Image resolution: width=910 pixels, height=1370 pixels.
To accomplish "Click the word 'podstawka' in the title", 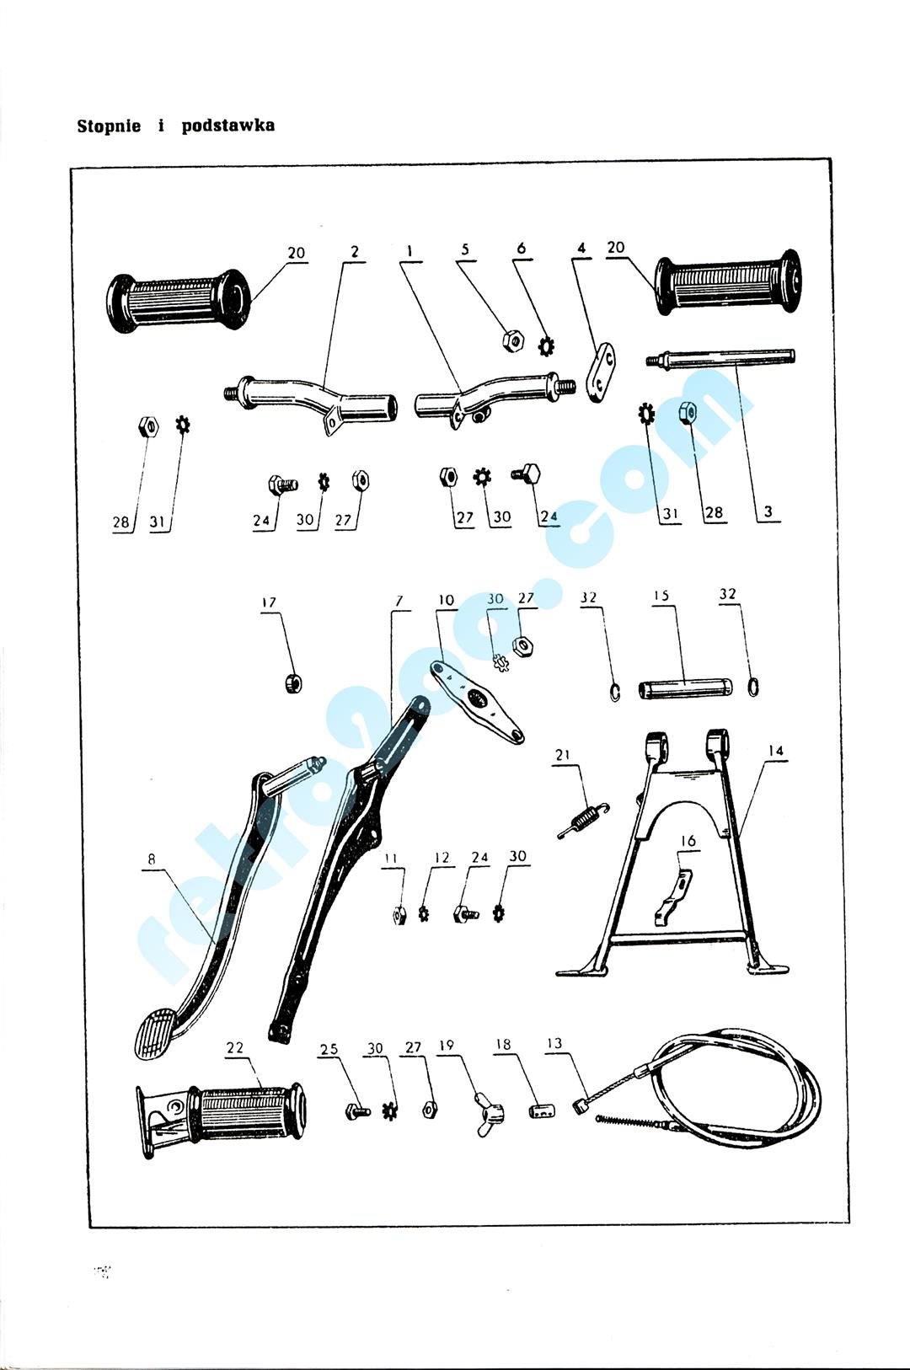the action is coord(228,126).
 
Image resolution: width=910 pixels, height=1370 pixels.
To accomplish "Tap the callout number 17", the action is coord(269,603).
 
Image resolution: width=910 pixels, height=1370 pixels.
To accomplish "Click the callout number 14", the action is coord(775,751).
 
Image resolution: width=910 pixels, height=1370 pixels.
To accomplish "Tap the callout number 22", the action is coord(235,1048).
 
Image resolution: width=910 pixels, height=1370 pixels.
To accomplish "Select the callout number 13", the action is coord(554,1044).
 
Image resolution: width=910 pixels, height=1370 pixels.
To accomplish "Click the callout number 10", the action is coord(447,600).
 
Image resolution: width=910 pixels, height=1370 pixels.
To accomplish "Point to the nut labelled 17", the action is coord(293,682).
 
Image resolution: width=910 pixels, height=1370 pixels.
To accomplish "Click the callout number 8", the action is coord(151,859).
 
